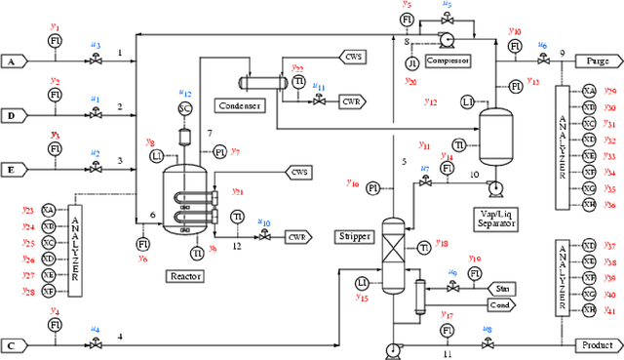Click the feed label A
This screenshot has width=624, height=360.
(13, 60)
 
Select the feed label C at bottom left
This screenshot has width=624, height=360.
(13, 344)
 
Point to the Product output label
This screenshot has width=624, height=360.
(594, 344)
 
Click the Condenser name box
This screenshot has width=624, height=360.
(238, 104)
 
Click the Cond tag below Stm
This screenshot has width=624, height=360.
(503, 304)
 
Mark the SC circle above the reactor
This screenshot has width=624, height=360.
(185, 107)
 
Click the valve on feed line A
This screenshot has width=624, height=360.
(96, 60)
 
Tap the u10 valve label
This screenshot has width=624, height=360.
(264, 222)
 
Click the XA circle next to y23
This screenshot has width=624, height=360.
(50, 211)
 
